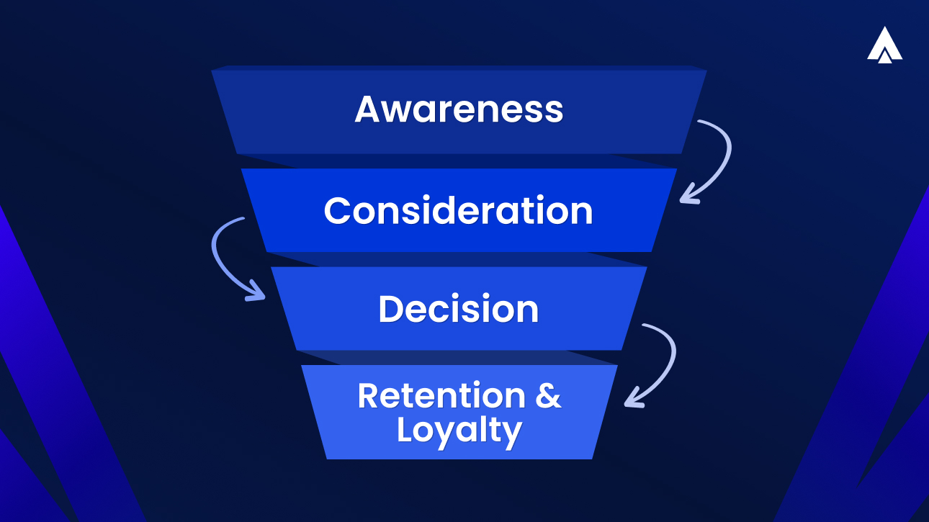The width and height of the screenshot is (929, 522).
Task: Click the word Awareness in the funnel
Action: pos(459,109)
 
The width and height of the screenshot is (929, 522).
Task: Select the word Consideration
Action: pos(458,211)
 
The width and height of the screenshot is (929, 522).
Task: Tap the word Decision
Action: pos(458,309)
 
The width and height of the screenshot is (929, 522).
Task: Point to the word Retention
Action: pos(443,396)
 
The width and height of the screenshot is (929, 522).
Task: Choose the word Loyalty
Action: pos(459,431)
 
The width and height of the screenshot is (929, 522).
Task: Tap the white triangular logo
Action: pos(884,45)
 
